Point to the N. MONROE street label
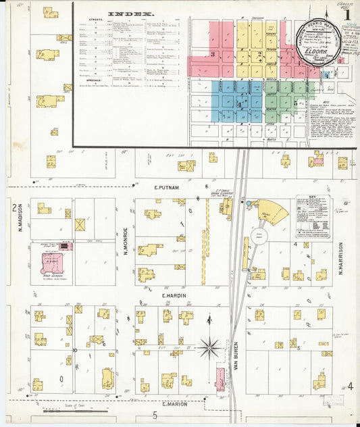tap(126, 245)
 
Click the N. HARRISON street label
tap(342, 256)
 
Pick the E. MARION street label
tap(170, 403)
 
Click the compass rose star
tap(209, 349)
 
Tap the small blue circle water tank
tap(249, 203)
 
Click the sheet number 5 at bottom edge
tap(155, 414)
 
